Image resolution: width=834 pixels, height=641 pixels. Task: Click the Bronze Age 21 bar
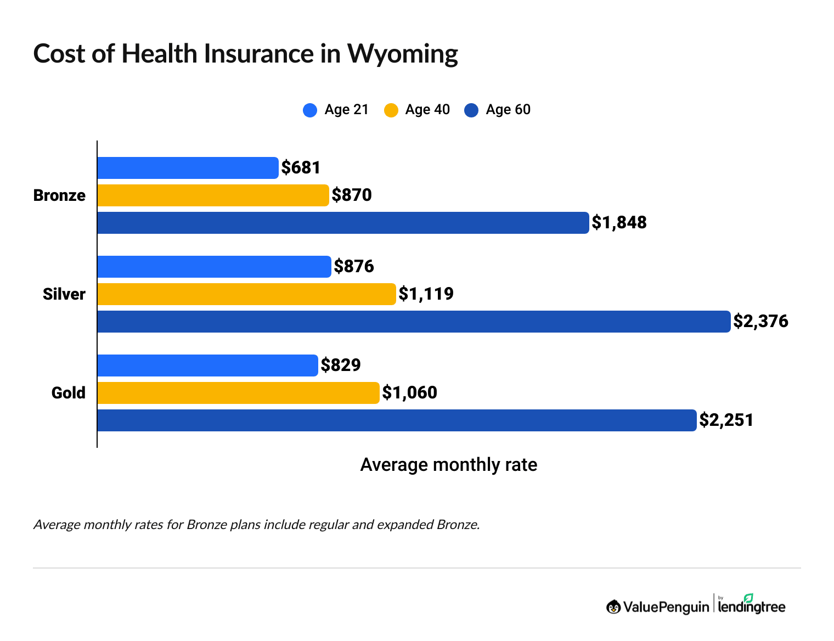[188, 168]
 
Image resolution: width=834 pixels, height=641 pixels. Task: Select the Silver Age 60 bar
[414, 322]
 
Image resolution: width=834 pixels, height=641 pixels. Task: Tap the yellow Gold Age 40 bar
[238, 393]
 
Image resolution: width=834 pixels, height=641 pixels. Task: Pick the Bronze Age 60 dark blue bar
[343, 223]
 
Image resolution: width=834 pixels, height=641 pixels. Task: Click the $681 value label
[301, 167]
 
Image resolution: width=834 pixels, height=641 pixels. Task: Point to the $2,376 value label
[760, 321]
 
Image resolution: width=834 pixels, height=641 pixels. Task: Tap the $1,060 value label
[409, 392]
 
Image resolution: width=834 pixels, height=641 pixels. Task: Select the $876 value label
[354, 266]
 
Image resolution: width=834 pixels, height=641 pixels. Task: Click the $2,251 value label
[726, 420]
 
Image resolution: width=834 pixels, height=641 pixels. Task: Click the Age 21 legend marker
[310, 110]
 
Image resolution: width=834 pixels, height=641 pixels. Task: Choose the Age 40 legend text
[427, 110]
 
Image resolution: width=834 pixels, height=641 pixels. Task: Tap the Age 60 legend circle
[471, 110]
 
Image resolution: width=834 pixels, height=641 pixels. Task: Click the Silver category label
[64, 294]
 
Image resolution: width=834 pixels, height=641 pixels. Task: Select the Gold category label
[69, 393]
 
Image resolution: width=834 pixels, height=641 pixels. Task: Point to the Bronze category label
[59, 195]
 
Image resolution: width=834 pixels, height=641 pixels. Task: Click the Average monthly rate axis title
[448, 465]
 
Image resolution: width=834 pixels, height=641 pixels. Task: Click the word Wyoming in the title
[402, 54]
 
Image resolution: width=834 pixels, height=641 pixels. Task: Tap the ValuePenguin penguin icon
[613, 607]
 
